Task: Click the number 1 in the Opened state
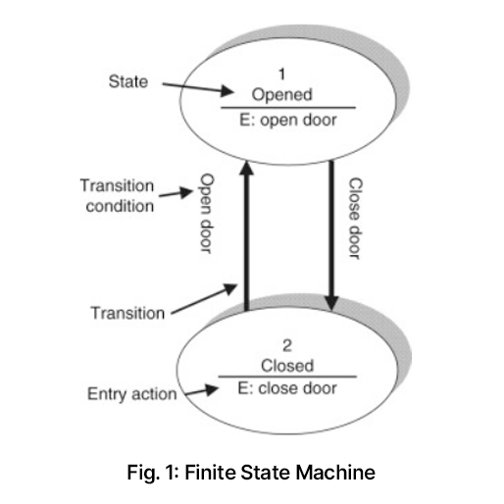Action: click(x=281, y=74)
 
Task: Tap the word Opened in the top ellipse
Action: click(x=282, y=94)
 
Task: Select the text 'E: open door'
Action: click(x=288, y=120)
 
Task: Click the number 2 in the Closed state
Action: click(x=287, y=345)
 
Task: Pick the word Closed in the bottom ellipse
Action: click(x=287, y=366)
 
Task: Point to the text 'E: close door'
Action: click(x=287, y=388)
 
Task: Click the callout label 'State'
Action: click(x=128, y=81)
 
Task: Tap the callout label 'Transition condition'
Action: click(x=117, y=196)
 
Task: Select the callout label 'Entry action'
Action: click(x=132, y=394)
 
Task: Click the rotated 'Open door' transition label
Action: click(x=207, y=214)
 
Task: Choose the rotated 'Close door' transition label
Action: click(x=356, y=219)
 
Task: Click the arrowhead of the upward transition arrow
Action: click(x=247, y=169)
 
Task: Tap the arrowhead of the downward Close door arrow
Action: click(x=331, y=303)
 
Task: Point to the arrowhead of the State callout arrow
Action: click(x=227, y=91)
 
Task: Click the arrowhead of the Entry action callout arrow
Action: click(x=212, y=389)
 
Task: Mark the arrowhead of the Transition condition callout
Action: click(x=186, y=192)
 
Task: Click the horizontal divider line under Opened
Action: click(x=288, y=107)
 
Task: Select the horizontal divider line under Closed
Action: click(x=287, y=377)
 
